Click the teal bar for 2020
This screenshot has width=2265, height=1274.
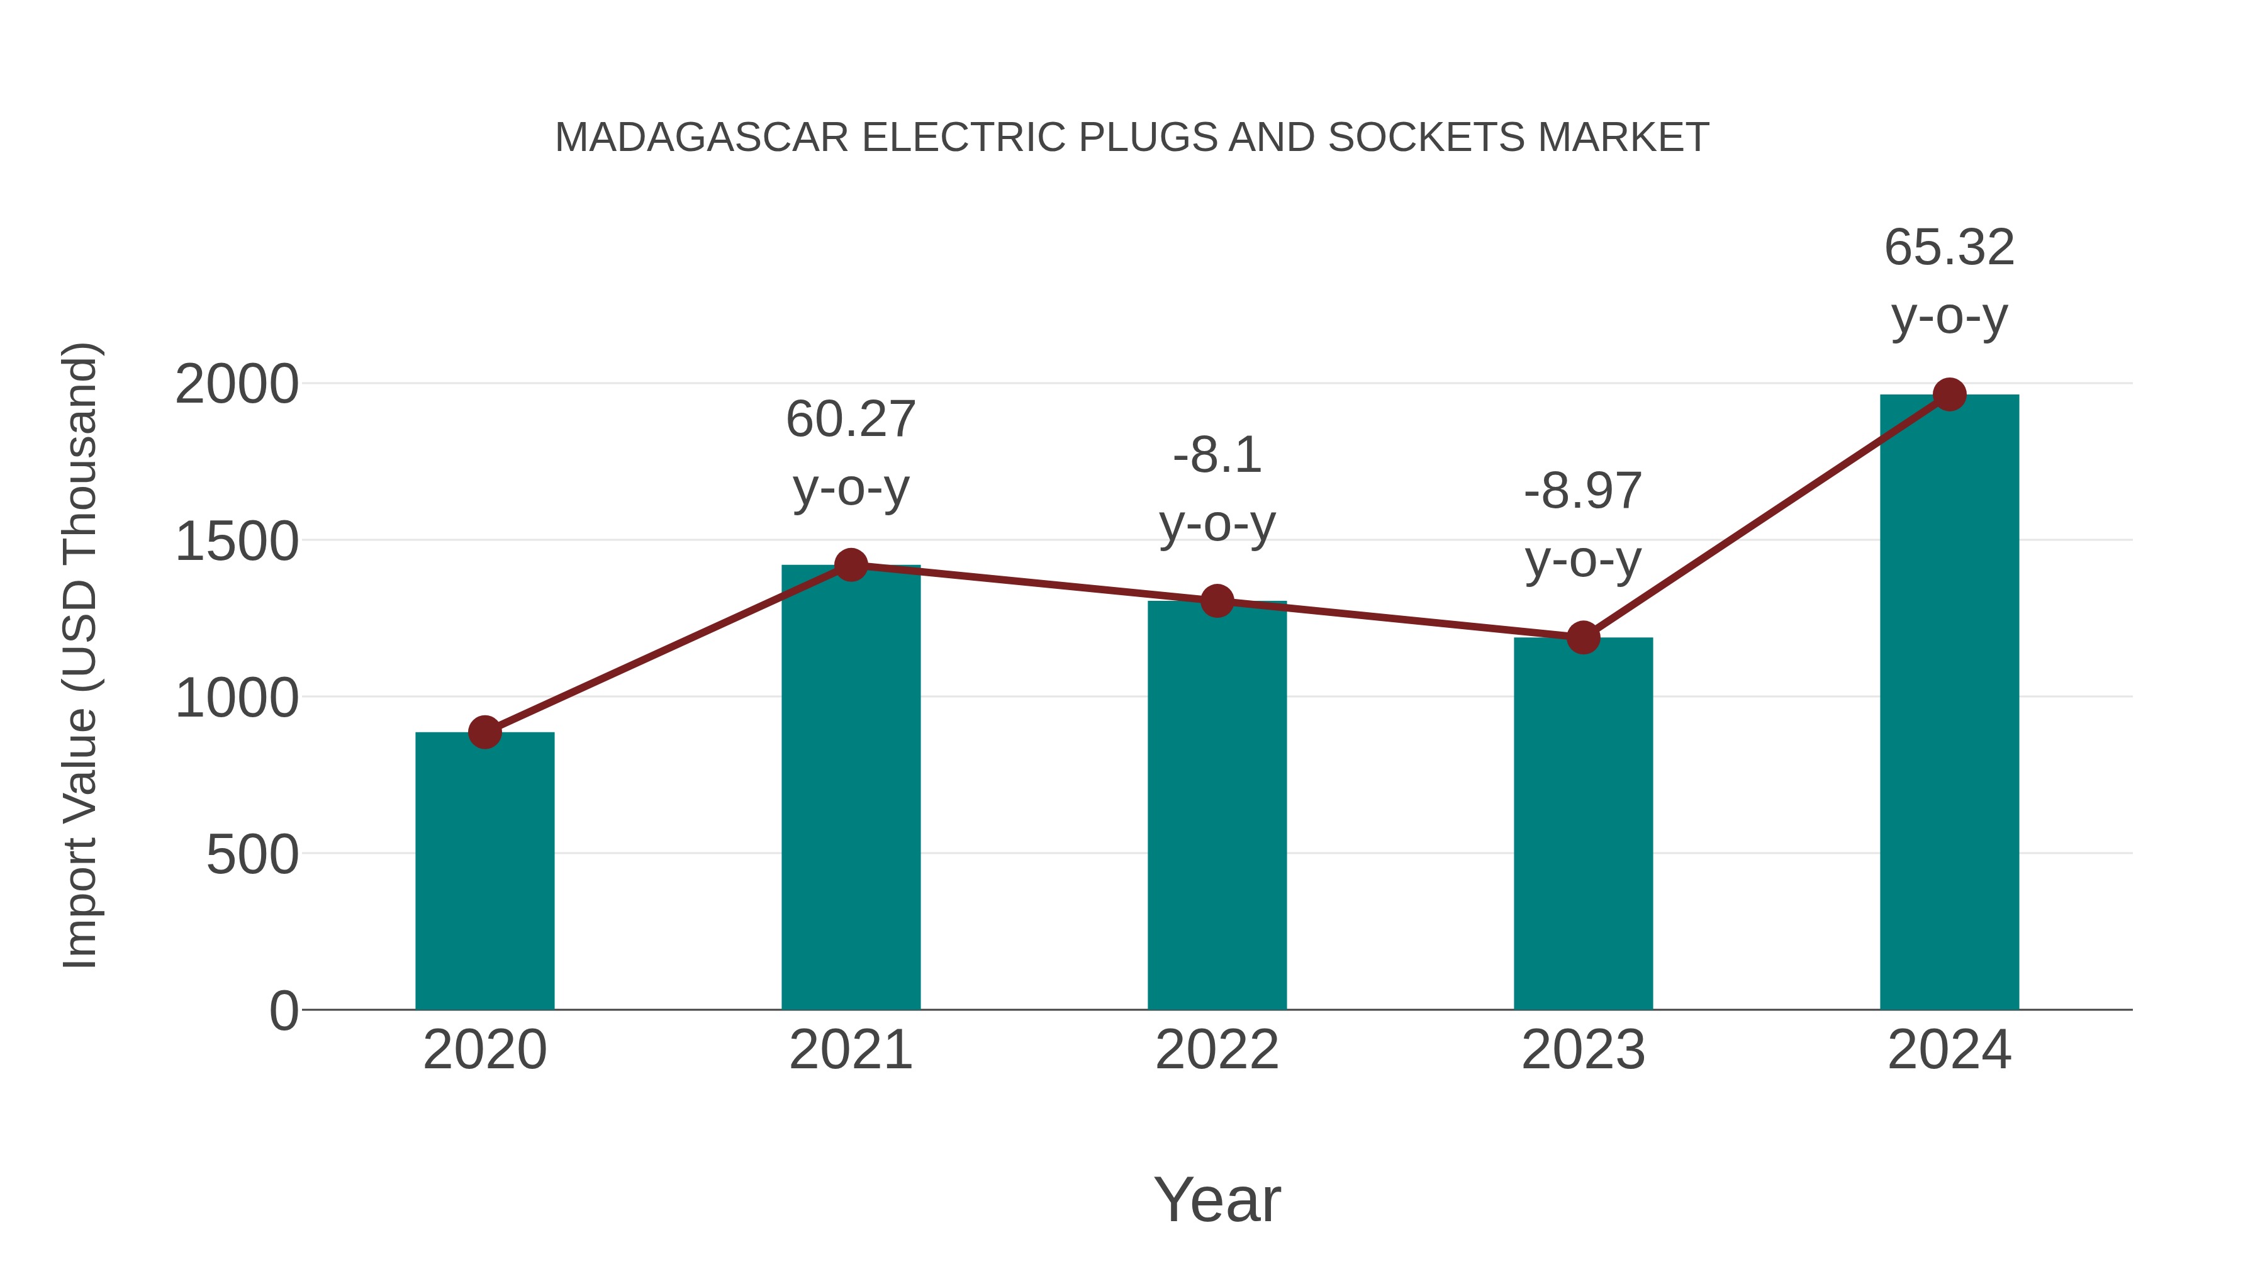point(484,871)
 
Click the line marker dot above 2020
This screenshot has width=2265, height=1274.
point(484,732)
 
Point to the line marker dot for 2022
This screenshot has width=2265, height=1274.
point(1217,601)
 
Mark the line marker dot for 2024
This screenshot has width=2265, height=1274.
point(1949,394)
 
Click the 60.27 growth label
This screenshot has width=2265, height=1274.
point(850,420)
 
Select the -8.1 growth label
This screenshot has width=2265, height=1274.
point(1217,455)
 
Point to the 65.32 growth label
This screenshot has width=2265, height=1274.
point(1949,248)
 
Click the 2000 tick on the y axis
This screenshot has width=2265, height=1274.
point(237,385)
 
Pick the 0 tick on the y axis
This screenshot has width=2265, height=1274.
point(283,1011)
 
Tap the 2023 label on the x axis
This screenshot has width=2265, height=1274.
point(1583,1050)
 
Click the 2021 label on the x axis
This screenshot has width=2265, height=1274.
point(850,1050)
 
